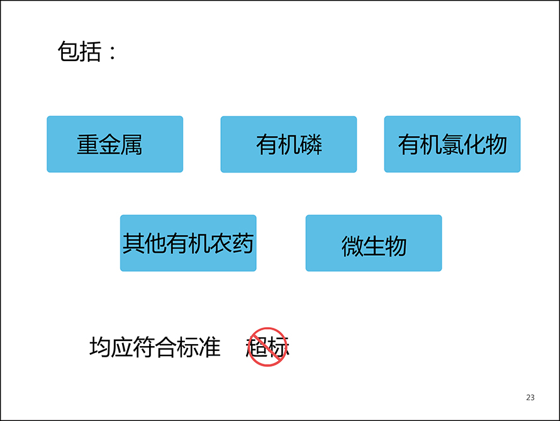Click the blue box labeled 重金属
click(115, 144)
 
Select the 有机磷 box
click(289, 144)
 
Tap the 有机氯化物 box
click(452, 144)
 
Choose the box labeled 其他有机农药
click(188, 243)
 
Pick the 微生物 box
click(374, 243)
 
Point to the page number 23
click(530, 398)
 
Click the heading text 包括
click(79, 52)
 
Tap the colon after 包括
click(113, 52)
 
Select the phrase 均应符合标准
click(155, 347)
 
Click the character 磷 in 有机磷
click(311, 144)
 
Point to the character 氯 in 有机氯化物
click(452, 144)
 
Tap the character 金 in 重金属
click(109, 144)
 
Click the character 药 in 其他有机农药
click(243, 243)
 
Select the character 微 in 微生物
click(352, 246)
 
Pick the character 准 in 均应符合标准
click(210, 347)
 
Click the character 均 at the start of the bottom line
click(100, 347)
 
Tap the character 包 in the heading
click(69, 52)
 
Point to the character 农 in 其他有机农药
click(221, 243)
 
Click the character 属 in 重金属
click(132, 144)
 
